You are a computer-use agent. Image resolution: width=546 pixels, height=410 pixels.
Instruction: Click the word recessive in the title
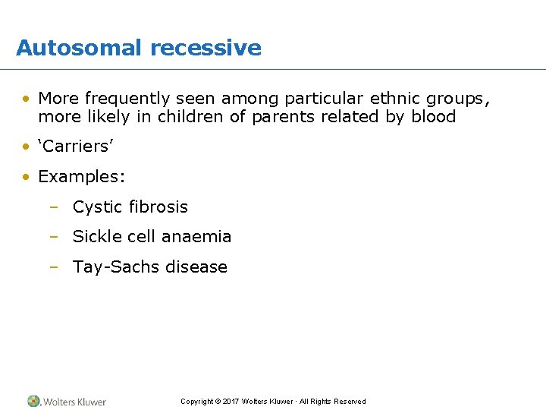click(206, 48)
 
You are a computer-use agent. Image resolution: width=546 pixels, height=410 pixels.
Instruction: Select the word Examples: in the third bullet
click(82, 177)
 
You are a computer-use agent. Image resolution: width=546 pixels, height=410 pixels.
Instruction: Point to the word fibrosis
click(157, 207)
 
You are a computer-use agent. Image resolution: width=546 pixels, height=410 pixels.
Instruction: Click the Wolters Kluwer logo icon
click(33, 401)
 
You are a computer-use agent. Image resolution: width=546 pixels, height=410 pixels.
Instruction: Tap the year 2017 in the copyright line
click(231, 402)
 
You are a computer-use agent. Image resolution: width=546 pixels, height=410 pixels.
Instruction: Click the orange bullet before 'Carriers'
click(27, 147)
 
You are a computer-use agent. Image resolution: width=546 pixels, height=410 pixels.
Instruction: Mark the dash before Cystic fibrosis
click(53, 207)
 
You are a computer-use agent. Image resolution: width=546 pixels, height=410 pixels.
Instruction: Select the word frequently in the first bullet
click(128, 98)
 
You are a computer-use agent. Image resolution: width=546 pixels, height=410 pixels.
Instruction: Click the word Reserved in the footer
click(350, 402)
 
